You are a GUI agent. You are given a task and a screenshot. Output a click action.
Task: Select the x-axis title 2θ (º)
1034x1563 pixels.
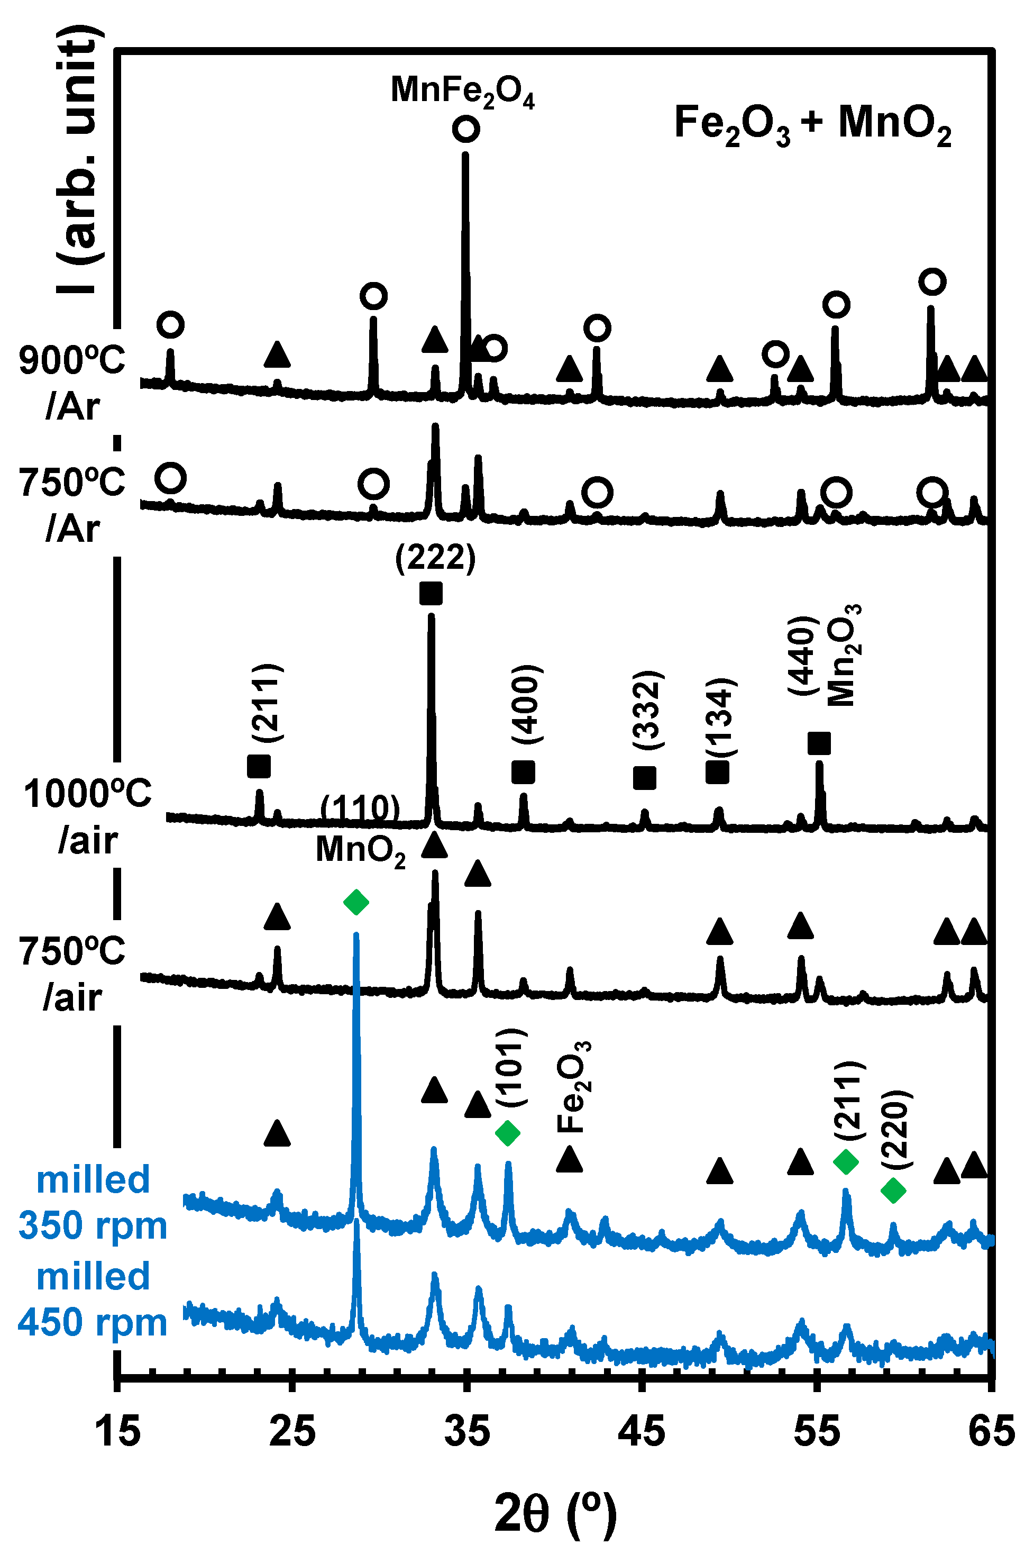(x=555, y=1515)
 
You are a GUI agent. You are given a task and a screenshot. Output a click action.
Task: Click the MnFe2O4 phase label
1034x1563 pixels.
(x=462, y=91)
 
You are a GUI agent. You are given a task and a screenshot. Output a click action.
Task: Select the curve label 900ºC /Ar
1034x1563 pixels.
(x=72, y=383)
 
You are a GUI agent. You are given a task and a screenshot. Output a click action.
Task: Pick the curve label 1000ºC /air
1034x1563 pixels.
(x=88, y=816)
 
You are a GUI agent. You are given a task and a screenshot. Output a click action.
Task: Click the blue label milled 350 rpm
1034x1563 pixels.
(x=93, y=1202)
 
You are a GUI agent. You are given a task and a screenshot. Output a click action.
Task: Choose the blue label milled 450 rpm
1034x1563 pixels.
(x=93, y=1299)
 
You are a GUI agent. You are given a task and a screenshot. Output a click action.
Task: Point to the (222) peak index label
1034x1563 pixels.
(x=435, y=558)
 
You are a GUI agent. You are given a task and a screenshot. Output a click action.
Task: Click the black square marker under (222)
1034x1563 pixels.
(x=431, y=593)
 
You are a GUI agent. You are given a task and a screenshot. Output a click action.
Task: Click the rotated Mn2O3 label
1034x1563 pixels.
(x=843, y=656)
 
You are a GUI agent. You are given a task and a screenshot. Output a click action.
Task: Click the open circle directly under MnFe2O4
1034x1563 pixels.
(x=465, y=129)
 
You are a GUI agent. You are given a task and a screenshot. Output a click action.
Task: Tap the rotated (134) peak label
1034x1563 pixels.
(x=721, y=717)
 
